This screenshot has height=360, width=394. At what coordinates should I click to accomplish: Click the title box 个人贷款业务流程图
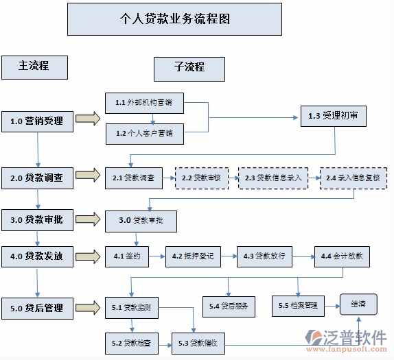point(174,19)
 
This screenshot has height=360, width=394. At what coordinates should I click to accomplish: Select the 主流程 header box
point(34,67)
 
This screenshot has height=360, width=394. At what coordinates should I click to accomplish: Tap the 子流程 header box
point(189,67)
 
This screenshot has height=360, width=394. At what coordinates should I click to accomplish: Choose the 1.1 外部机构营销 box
point(144,103)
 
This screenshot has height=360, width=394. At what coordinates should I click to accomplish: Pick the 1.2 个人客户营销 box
point(144,134)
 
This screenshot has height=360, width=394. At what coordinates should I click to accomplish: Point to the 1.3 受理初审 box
point(333,116)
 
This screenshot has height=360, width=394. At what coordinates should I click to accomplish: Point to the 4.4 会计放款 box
point(342,256)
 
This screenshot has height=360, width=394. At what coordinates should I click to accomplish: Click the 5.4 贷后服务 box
point(229,306)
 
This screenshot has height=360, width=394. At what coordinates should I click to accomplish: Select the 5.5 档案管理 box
point(298,304)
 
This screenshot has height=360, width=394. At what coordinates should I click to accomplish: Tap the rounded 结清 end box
point(358,303)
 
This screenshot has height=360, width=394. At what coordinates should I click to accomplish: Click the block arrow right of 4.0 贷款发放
point(87,256)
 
